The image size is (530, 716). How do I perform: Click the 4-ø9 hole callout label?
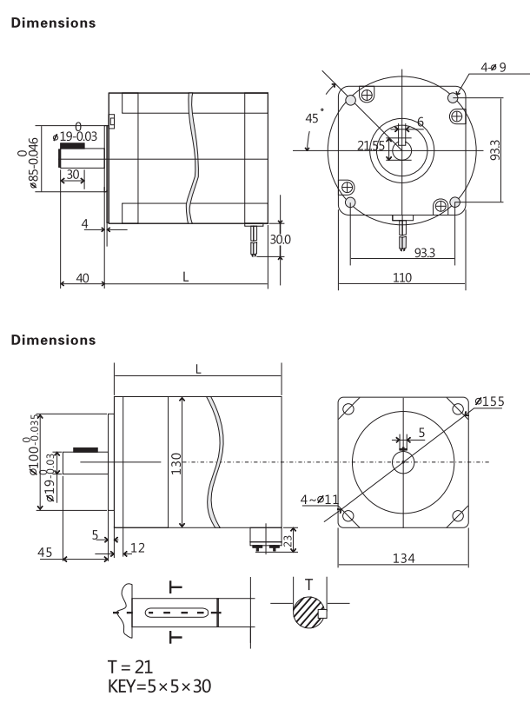[x=493, y=67]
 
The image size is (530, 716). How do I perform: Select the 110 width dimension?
[x=402, y=278]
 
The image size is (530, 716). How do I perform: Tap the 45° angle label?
[x=315, y=117]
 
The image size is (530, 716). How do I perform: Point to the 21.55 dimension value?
[x=371, y=146]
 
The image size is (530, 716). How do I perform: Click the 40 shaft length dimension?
[x=83, y=278]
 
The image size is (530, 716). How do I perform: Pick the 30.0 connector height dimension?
[x=280, y=239]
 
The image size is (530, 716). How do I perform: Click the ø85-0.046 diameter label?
[x=29, y=163]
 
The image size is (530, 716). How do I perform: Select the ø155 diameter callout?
[x=489, y=401]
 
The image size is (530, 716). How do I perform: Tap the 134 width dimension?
[x=403, y=558]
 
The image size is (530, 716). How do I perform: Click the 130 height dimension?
[x=176, y=463]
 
